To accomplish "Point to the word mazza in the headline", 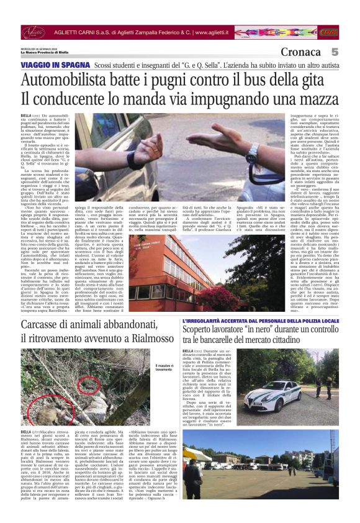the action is pos(317,99).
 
